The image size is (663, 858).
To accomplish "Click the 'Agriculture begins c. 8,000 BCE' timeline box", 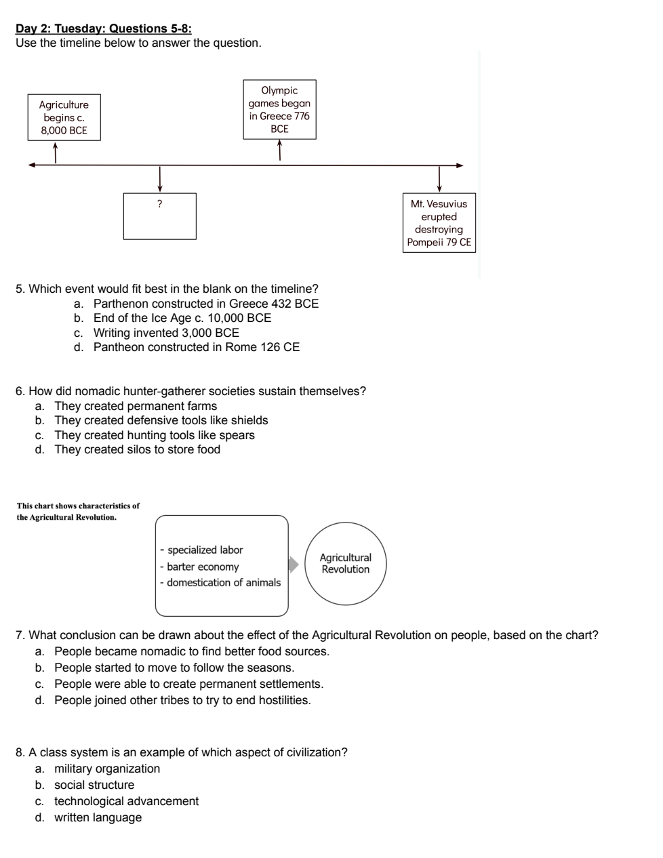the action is (x=64, y=117).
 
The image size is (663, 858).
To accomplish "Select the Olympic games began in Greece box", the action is (x=279, y=109).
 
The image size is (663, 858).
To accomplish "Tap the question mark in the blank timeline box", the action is (x=159, y=204).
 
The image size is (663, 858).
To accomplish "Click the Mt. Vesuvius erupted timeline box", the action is (x=439, y=223).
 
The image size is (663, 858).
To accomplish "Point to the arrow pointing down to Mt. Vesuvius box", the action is (x=439, y=179).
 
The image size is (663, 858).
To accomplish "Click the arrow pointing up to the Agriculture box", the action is (x=56, y=152).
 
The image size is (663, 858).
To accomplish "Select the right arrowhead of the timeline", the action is (x=460, y=165).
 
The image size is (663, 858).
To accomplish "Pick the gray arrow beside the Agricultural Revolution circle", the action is (x=294, y=565).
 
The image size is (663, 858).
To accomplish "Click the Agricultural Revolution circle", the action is (x=346, y=563).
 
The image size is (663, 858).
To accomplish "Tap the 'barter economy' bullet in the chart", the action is (x=199, y=567).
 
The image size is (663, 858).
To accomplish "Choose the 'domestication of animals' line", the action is (x=220, y=582).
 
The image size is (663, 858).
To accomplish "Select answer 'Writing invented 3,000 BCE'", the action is (x=166, y=333).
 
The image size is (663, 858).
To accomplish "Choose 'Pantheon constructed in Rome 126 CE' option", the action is (x=197, y=347).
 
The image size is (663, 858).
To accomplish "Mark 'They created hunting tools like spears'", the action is (x=155, y=434).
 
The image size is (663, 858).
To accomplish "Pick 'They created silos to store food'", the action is (x=138, y=449).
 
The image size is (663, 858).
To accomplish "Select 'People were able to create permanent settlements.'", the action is (x=189, y=683).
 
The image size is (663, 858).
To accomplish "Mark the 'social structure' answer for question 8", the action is (x=94, y=785).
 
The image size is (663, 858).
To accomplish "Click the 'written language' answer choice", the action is (x=98, y=817).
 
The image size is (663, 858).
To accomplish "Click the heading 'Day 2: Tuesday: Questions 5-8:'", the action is (x=104, y=28).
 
